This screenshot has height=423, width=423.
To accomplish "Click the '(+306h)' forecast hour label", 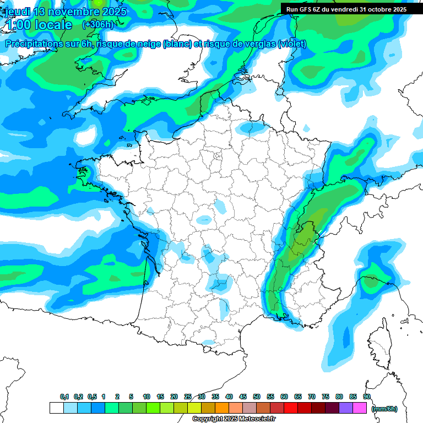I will tap(97, 24).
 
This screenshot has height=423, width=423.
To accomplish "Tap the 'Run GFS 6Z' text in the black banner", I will tap(303, 9).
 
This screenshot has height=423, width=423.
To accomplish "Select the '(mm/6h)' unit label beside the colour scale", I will tap(384, 409).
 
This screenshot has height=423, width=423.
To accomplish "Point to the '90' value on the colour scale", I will tap(367, 397).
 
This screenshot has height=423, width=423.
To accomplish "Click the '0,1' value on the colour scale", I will tap(64, 397).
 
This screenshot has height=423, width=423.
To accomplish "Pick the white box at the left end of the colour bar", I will tap(56, 408).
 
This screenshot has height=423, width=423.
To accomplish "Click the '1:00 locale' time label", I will tap(39, 25).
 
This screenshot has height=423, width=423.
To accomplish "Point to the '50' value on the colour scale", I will tap(257, 397).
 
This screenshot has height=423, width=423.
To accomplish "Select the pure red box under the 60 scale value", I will tap(291, 408).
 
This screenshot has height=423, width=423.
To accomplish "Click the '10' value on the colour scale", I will tap(146, 397).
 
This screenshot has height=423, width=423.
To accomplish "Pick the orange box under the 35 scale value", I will tap(222, 408).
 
